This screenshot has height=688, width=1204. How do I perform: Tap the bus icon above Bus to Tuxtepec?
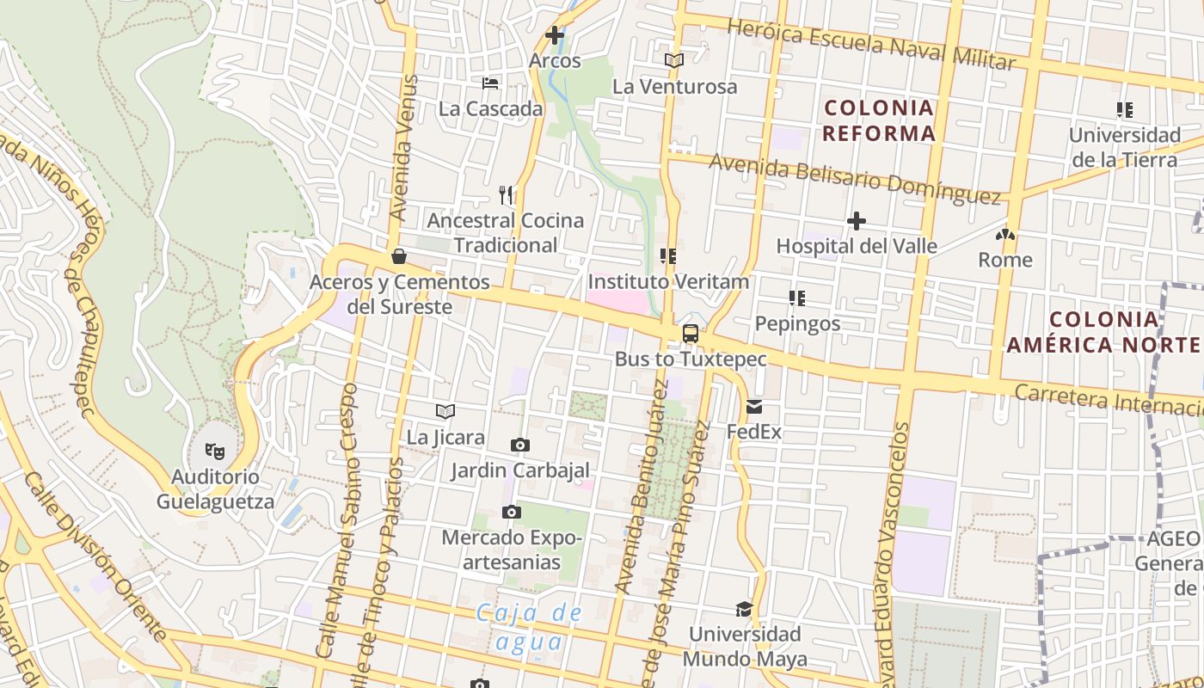coord(690,334)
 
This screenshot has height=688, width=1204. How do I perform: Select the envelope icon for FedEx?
coord(754,407)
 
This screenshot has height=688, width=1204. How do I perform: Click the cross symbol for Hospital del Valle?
coord(856,221)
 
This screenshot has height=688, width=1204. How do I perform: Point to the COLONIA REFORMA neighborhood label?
coord(878,120)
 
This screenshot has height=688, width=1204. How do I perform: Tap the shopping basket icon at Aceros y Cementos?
coord(399,256)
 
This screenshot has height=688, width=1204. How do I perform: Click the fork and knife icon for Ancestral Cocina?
coord(506,195)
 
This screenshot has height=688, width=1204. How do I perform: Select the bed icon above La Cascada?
coord(490,83)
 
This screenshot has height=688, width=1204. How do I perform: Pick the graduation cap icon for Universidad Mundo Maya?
coord(744,610)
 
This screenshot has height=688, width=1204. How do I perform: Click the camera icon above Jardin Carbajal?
coord(519,445)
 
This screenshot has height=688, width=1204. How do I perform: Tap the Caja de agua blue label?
coord(530,627)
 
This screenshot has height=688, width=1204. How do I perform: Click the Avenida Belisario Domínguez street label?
coord(855,179)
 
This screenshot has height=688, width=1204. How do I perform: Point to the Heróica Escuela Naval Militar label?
coord(871,44)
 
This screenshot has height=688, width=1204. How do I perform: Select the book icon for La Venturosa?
coord(674,61)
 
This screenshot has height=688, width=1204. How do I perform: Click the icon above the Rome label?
coord(1004,234)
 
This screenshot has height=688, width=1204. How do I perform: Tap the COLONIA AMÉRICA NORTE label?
coord(1103,332)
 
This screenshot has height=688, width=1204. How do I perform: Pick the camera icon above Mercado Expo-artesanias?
coord(512,513)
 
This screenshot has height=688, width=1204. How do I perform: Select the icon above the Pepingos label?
coord(796,298)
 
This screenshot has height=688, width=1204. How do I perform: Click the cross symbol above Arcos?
coord(555,35)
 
